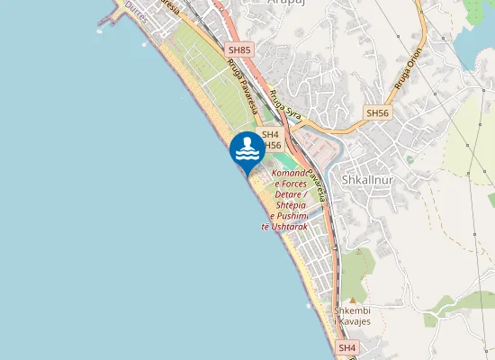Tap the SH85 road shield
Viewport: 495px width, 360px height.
[x=238, y=51]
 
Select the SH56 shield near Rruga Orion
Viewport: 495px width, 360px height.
[x=377, y=113]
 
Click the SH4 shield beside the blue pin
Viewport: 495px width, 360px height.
[x=271, y=134]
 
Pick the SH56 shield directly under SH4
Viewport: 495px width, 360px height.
[x=273, y=145]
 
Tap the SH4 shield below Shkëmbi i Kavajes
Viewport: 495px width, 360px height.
[x=347, y=347]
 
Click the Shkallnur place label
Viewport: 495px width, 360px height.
[x=369, y=178]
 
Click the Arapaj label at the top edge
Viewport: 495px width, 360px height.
[x=288, y=4]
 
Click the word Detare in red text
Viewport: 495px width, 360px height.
[x=287, y=193]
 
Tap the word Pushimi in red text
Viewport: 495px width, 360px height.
[x=290, y=216]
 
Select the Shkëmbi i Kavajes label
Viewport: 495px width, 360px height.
[x=354, y=316]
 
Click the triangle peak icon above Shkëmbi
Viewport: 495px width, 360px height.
[x=353, y=300]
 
